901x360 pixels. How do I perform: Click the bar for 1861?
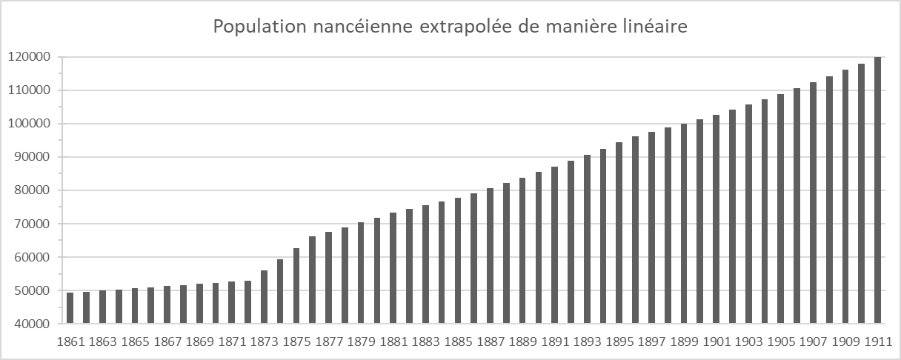70,308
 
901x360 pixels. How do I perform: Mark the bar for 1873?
264,297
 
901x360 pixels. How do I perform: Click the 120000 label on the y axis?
29,57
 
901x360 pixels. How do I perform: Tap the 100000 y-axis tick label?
29,124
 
